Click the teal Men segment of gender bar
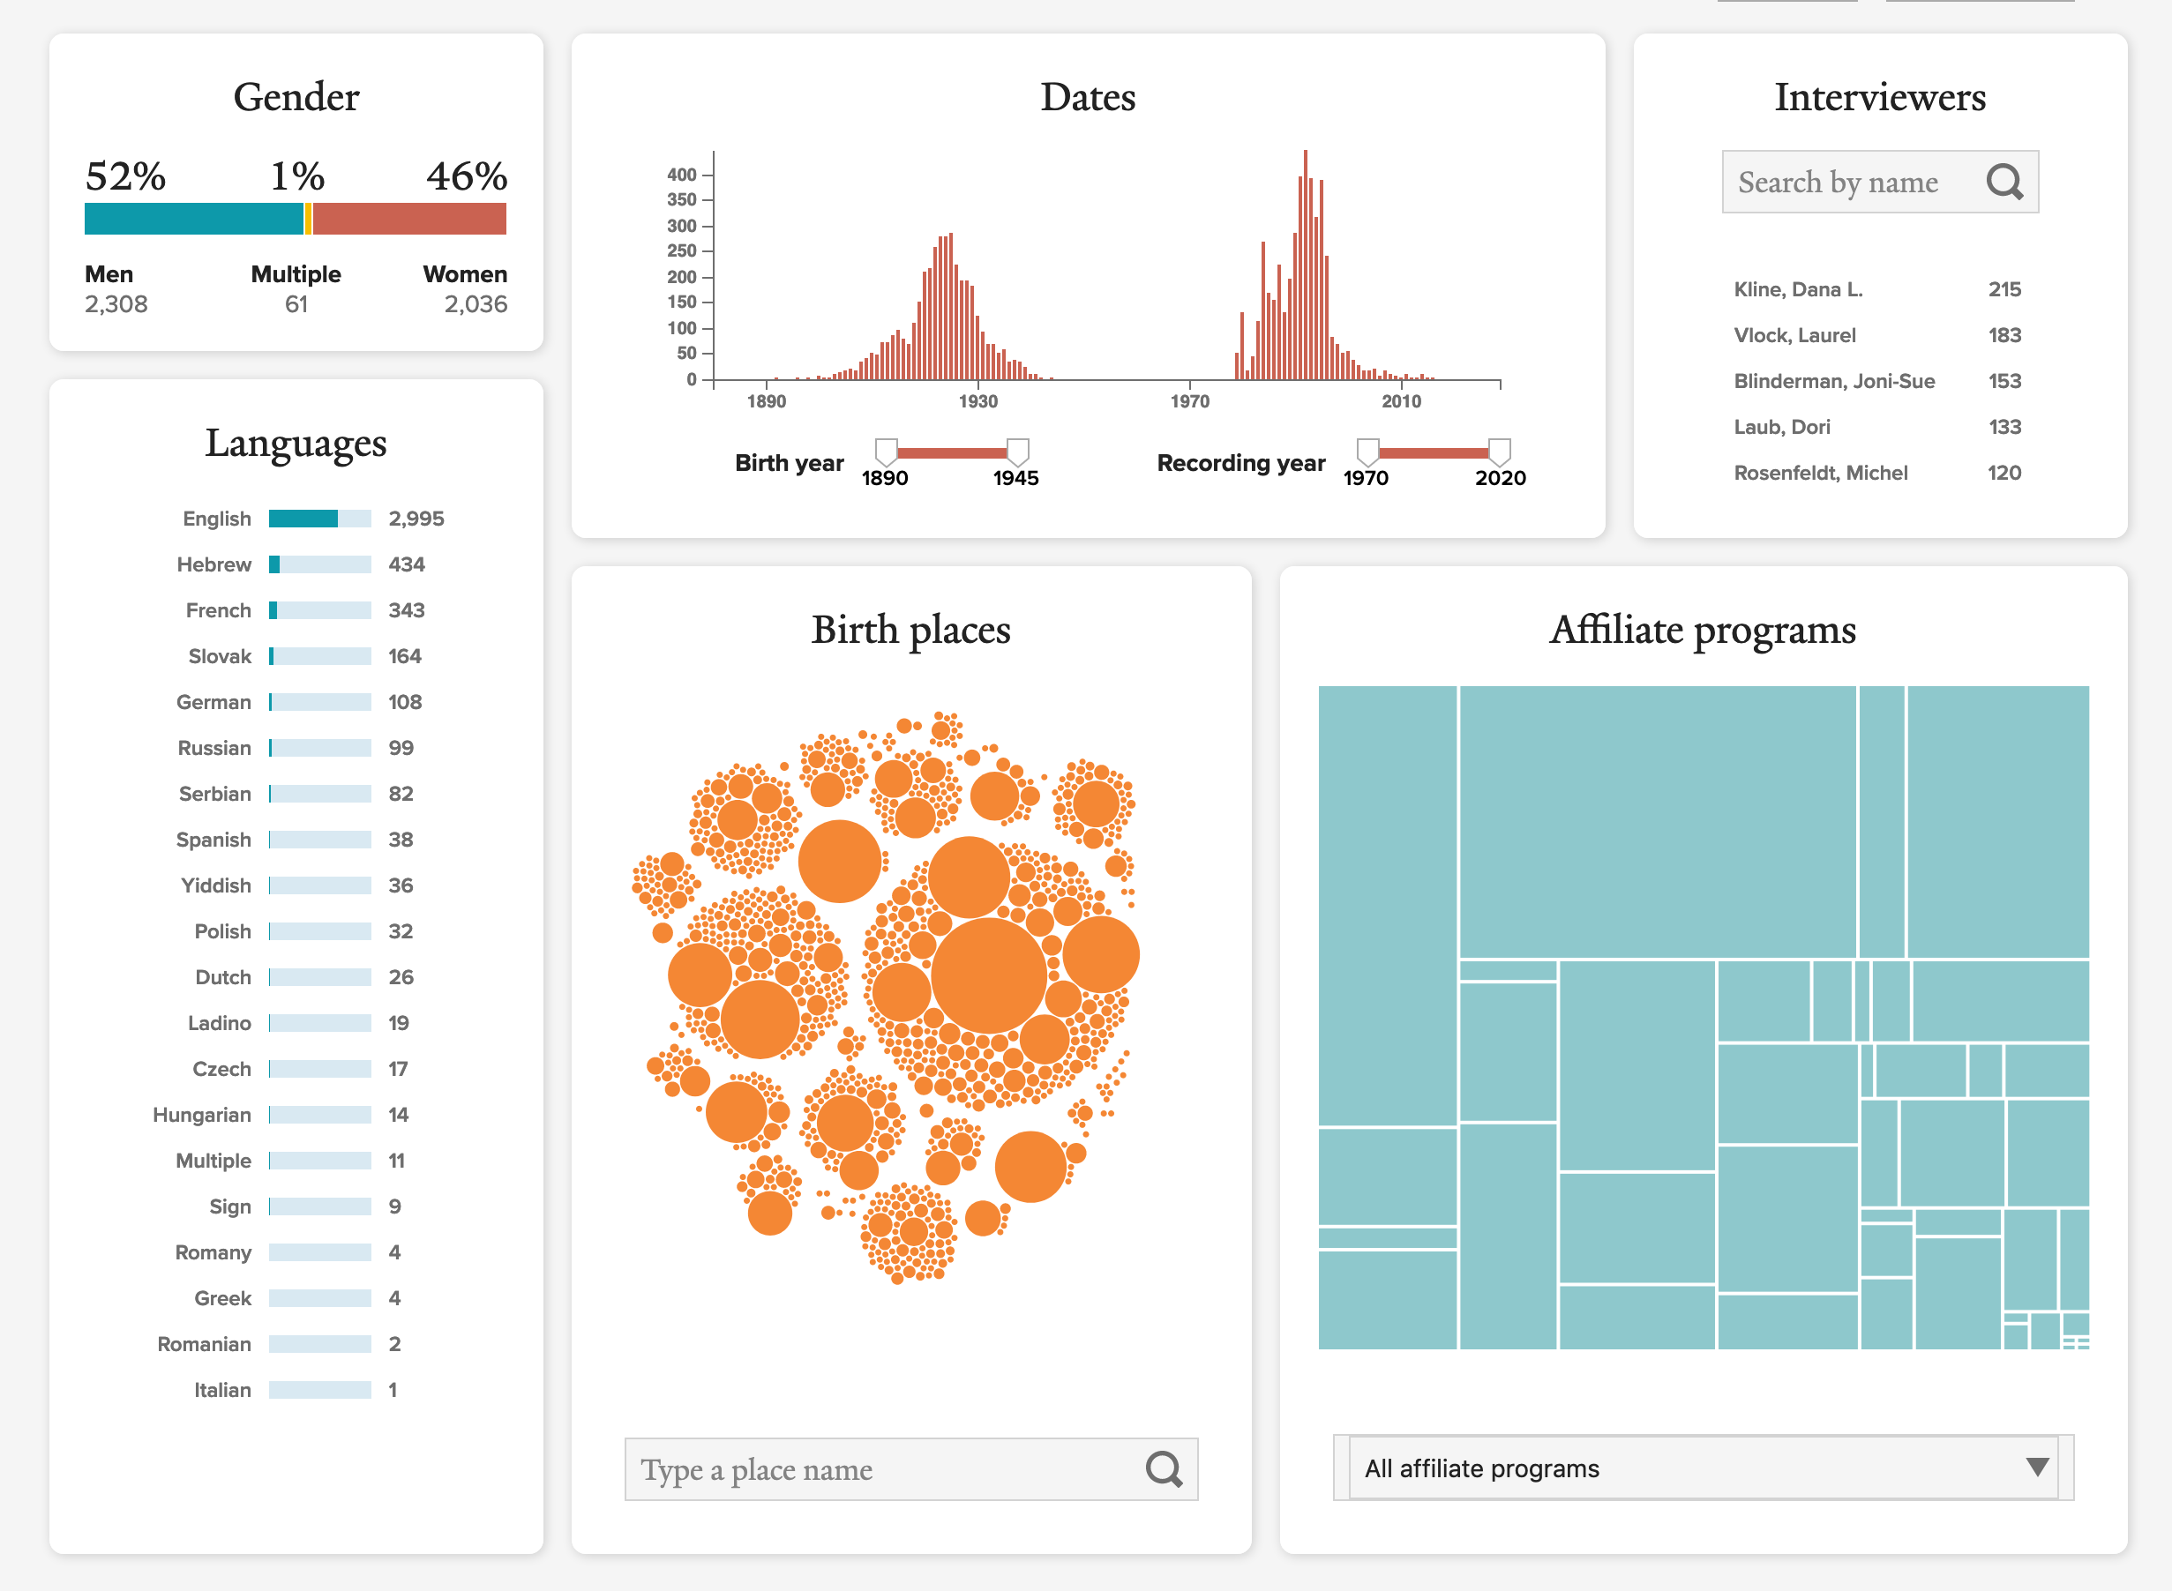[x=192, y=219]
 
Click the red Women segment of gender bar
[x=409, y=219]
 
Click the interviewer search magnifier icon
[x=2003, y=182]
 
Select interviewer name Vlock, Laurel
[x=1794, y=335]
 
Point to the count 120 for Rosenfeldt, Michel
[x=2003, y=473]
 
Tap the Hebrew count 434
[x=406, y=564]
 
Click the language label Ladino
[x=219, y=1023]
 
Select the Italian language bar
[x=319, y=1390]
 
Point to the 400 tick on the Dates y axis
[x=682, y=175]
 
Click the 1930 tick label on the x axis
[x=977, y=401]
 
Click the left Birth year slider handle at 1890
[x=886, y=451]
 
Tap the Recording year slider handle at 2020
[x=1499, y=451]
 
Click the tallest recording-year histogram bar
[x=1305, y=265]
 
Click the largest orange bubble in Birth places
[x=988, y=975]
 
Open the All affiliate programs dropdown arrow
[x=2036, y=1467]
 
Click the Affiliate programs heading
[x=1702, y=630]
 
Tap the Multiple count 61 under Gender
[x=296, y=304]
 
